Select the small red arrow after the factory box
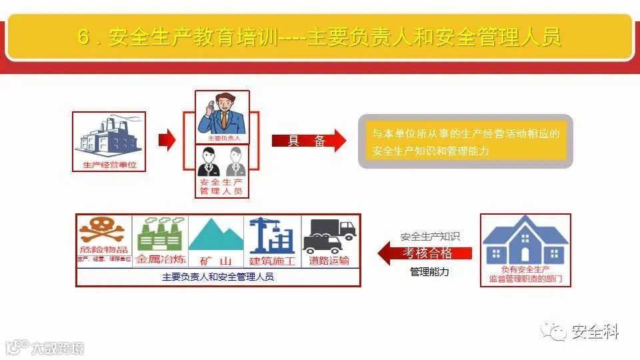pos(167,140)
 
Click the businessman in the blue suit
pos(222,113)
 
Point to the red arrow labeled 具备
pos(309,141)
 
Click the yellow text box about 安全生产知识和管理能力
pos(465,142)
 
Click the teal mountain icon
pos(217,235)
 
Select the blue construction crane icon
pos(273,234)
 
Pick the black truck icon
pos(329,235)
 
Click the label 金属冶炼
pos(160,260)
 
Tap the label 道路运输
pos(329,260)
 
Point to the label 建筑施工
pos(273,260)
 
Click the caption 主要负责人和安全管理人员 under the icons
pos(217,277)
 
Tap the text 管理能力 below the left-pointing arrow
pos(429,272)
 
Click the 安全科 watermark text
pos(595,331)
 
